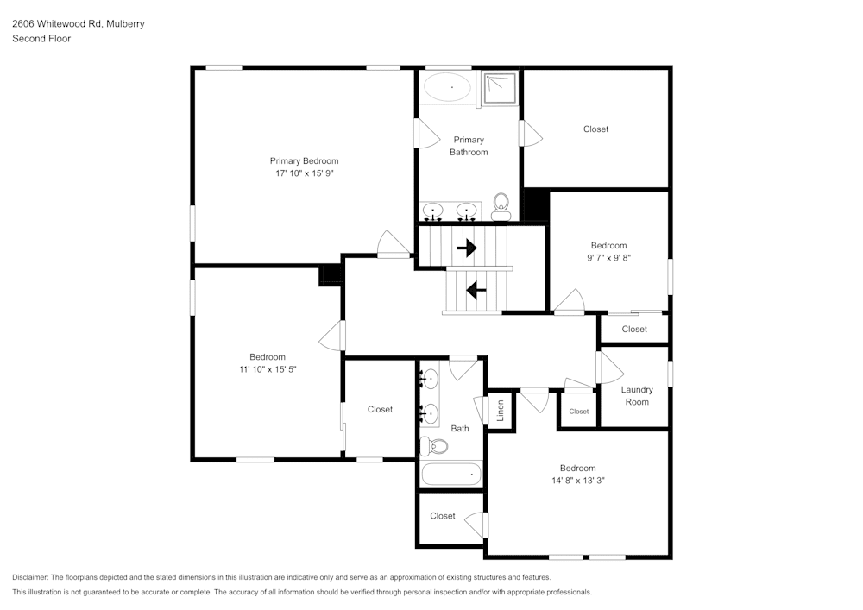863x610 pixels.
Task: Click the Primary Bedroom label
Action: [x=304, y=160]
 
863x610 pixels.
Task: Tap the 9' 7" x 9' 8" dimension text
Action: [x=608, y=257]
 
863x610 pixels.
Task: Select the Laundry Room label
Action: [x=637, y=395]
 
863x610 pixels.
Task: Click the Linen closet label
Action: [x=500, y=411]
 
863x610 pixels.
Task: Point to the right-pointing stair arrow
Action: [x=467, y=248]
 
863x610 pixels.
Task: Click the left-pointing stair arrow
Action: [x=475, y=290]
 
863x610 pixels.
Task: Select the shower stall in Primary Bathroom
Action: [x=500, y=88]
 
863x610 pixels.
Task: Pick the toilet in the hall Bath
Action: [x=434, y=446]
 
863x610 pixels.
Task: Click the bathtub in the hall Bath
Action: [x=450, y=473]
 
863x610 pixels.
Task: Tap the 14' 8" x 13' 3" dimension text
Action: [x=577, y=481]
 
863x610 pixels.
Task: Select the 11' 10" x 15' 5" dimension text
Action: [x=268, y=368]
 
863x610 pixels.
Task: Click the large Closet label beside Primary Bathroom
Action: [x=595, y=129]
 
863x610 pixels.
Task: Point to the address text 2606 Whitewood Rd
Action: [x=78, y=24]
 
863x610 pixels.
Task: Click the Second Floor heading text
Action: [x=41, y=39]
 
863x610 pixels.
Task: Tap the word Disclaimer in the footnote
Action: [x=30, y=577]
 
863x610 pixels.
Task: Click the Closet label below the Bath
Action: [x=442, y=516]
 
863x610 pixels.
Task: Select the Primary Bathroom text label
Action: [x=469, y=146]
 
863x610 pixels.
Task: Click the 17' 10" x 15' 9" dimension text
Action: [x=304, y=173]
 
